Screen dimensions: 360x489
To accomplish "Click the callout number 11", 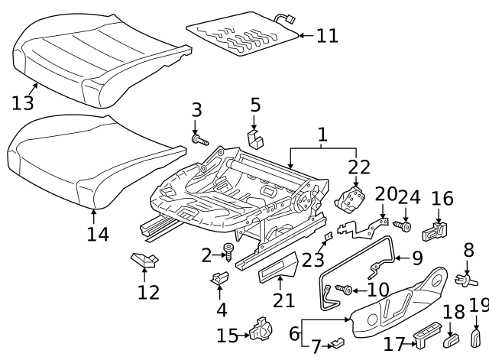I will (x=327, y=35).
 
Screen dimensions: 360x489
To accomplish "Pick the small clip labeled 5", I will (x=256, y=138).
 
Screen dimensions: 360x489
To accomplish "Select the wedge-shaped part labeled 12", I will (x=144, y=261).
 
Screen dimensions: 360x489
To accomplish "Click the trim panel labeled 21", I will (x=279, y=268).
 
